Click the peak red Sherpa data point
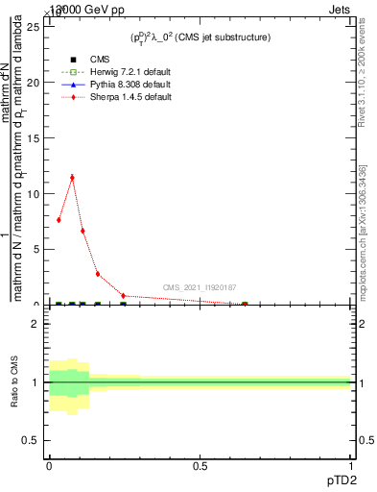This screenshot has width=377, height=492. [72, 178]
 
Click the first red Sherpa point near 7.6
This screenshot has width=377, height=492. [59, 220]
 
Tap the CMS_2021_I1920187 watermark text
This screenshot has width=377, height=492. [200, 287]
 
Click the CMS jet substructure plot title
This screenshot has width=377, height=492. [200, 37]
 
